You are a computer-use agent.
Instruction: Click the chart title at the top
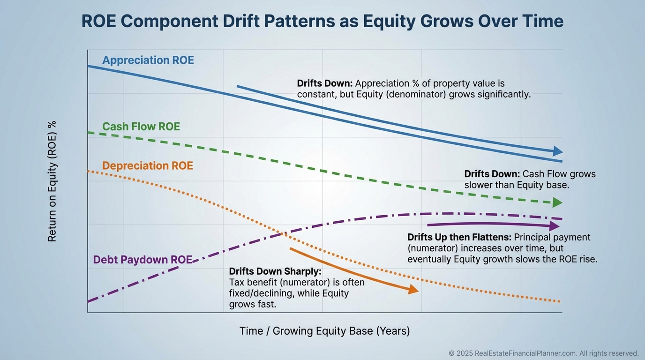click(322, 22)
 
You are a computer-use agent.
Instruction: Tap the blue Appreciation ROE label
click(148, 60)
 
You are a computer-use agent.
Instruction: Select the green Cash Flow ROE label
click(141, 127)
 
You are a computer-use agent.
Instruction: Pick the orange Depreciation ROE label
click(147, 166)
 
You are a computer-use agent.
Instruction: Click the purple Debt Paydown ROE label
click(142, 260)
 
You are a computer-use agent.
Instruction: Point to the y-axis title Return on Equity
click(52, 181)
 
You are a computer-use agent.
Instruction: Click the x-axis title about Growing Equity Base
click(324, 331)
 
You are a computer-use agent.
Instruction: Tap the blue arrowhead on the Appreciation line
click(557, 151)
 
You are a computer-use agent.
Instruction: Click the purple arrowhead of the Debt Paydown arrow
click(555, 226)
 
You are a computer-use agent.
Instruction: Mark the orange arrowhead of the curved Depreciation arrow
click(413, 290)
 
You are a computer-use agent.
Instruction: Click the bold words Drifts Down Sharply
click(275, 271)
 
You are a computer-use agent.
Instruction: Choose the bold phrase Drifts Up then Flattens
click(459, 237)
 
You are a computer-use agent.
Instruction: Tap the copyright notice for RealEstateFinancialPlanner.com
click(544, 353)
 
